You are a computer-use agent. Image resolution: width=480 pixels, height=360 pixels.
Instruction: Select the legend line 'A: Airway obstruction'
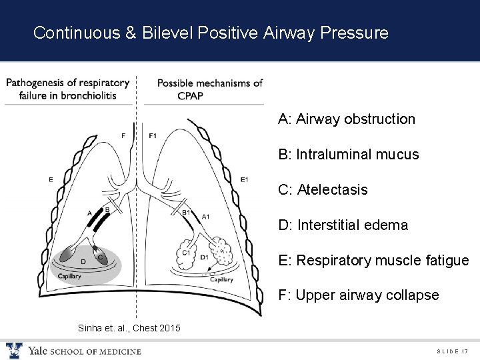(347, 119)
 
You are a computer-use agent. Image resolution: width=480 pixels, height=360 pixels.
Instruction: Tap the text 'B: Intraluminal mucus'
(349, 155)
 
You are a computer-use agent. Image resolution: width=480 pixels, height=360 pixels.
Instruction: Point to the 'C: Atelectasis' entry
(323, 190)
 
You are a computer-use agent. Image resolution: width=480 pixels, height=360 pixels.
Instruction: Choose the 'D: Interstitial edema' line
(343, 225)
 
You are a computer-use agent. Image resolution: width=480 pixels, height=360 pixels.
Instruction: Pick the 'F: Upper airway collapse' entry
(359, 295)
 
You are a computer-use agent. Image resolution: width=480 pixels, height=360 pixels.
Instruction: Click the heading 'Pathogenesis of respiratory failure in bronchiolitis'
(67, 89)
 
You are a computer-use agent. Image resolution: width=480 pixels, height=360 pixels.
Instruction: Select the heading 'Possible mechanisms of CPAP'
(209, 89)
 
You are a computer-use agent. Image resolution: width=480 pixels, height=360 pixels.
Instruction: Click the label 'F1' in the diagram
(152, 136)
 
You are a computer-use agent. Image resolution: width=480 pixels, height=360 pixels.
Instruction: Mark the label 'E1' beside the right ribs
(244, 179)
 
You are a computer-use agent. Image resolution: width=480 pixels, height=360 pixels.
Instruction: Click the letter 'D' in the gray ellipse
(83, 262)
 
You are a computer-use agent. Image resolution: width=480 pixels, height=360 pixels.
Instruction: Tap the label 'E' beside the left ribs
(51, 179)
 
